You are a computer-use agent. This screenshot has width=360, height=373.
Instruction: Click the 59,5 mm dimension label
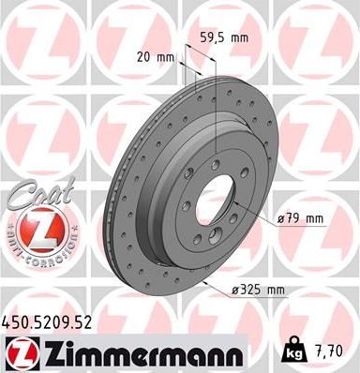(x=224, y=39)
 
